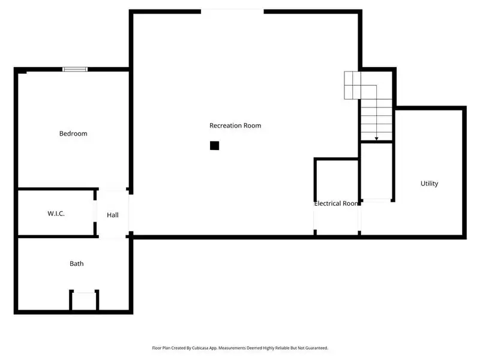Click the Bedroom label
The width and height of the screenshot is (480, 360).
(x=73, y=133)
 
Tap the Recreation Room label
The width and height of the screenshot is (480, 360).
(x=235, y=125)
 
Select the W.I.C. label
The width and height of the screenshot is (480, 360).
(x=56, y=214)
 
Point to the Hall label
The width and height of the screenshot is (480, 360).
(x=113, y=215)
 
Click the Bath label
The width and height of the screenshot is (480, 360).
(x=76, y=263)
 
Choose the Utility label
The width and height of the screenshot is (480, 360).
(x=429, y=184)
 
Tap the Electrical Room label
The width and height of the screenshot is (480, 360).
(x=337, y=203)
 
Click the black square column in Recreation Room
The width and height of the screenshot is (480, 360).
(x=214, y=145)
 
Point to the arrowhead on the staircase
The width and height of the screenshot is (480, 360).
(x=376, y=139)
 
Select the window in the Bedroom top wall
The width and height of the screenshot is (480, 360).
(x=76, y=69)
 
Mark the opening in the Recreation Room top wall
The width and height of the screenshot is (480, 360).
(x=232, y=10)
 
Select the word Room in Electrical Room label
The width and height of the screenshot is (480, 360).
(x=350, y=203)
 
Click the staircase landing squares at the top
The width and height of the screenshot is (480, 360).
(x=352, y=85)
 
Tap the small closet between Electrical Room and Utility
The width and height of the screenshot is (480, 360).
(x=376, y=171)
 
